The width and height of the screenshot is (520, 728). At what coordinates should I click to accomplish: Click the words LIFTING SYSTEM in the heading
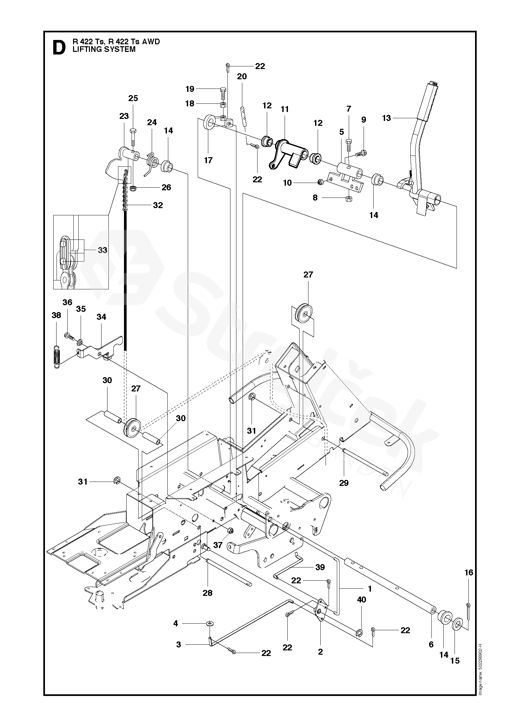104,49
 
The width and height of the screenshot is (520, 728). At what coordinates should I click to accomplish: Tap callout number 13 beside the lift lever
386,118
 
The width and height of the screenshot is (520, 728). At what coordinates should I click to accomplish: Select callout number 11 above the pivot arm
285,109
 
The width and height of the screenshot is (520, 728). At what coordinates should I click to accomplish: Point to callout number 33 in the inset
102,250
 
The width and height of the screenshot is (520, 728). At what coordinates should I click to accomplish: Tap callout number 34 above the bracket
101,317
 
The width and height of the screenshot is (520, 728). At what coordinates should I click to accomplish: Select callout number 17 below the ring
208,160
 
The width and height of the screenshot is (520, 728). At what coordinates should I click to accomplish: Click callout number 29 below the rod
344,483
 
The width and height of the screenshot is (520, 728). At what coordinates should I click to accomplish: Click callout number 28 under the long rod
208,593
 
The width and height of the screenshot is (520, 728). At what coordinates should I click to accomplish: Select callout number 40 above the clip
362,600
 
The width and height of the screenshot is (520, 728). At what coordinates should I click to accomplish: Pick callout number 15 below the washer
455,651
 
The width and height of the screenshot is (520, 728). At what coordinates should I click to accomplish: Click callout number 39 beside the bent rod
320,567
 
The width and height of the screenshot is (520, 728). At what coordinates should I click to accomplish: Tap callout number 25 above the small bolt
133,98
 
